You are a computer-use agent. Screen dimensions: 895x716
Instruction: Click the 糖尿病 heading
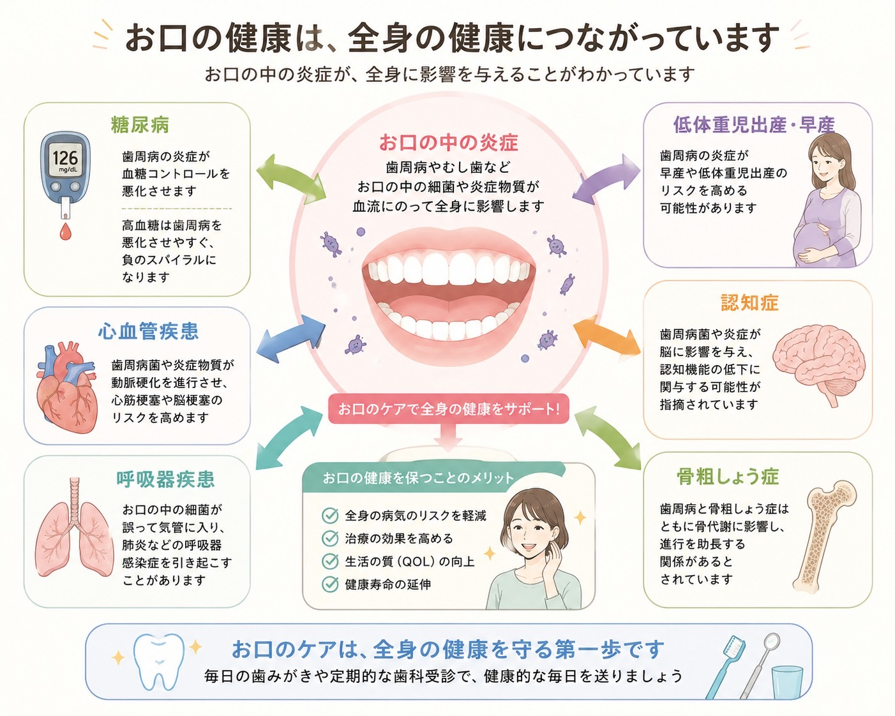(x=140, y=124)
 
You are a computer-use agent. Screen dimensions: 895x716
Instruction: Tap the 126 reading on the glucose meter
(x=65, y=158)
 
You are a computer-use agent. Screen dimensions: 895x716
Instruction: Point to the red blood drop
(x=65, y=232)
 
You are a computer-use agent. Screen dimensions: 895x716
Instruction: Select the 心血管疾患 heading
(x=149, y=331)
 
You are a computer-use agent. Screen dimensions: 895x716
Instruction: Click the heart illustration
(x=66, y=387)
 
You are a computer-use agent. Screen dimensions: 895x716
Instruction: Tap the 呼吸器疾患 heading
(x=165, y=479)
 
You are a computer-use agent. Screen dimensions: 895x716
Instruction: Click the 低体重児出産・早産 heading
(x=754, y=124)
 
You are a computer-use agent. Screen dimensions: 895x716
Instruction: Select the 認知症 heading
(x=749, y=302)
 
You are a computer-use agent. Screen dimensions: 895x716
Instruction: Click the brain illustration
(x=818, y=364)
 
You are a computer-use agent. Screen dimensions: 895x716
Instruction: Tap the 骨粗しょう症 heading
(x=728, y=477)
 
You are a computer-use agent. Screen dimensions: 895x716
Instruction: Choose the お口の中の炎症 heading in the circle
(x=448, y=142)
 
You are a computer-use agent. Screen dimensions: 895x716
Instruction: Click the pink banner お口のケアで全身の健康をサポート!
(x=448, y=409)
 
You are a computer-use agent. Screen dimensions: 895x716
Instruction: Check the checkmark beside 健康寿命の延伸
(x=330, y=584)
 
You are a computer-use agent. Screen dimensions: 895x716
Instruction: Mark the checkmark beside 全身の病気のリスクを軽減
(x=330, y=516)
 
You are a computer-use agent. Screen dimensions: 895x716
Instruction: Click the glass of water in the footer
(x=787, y=683)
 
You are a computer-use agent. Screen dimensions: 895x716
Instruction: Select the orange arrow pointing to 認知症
(x=606, y=337)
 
